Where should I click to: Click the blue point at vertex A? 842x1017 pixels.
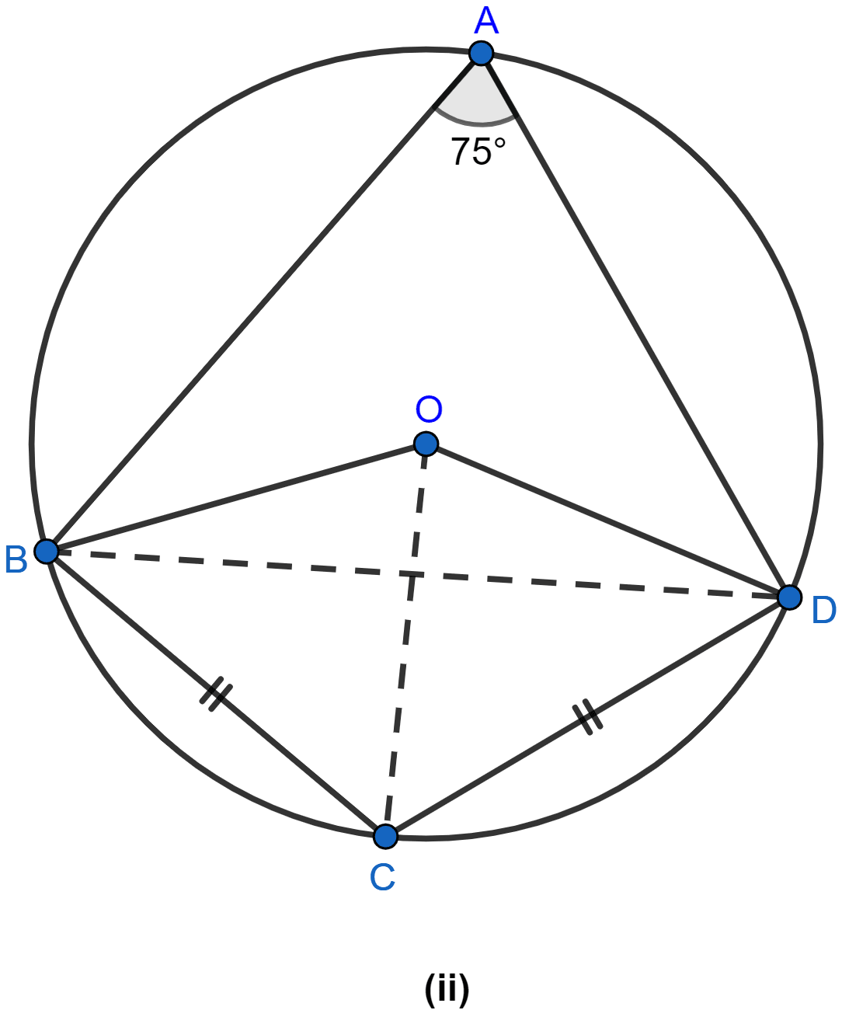tap(481, 53)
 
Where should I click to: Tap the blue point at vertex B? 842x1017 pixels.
tap(47, 552)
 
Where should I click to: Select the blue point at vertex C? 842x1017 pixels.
tap(386, 836)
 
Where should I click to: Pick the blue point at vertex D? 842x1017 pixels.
tap(789, 597)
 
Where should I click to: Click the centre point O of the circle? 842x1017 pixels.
tap(426, 444)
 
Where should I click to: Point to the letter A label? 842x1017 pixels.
tap(486, 22)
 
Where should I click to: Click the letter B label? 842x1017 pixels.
tap(16, 560)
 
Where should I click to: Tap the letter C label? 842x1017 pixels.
tap(382, 878)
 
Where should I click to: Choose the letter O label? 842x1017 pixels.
tap(429, 409)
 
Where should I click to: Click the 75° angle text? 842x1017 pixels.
tap(478, 152)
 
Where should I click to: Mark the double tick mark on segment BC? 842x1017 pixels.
tap(216, 694)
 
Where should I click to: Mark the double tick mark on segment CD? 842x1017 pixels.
tap(587, 717)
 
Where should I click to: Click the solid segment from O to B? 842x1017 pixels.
tap(236, 498)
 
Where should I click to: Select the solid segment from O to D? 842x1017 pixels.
tap(607, 521)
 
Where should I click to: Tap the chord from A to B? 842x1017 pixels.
tap(264, 302)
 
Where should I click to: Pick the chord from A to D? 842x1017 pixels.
tap(635, 326)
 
